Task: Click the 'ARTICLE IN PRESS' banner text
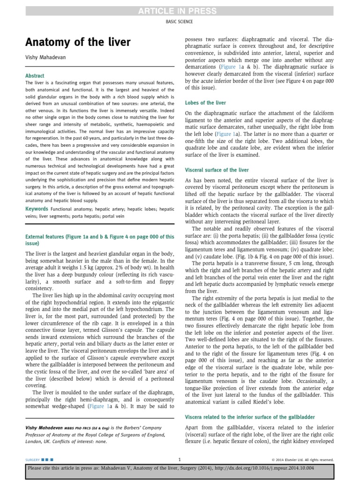pyautogui.click(x=180, y=11)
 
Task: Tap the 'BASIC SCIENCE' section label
pyautogui.click(x=180, y=22)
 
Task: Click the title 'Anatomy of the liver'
pyautogui.click(x=78, y=43)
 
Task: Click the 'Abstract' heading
pyautogui.click(x=35, y=75)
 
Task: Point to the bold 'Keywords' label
pyautogui.click(x=37, y=209)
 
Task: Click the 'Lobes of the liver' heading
pyautogui.click(x=205, y=103)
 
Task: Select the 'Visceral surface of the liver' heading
pyautogui.click(x=217, y=170)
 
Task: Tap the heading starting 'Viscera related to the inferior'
pyautogui.click(x=250, y=417)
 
